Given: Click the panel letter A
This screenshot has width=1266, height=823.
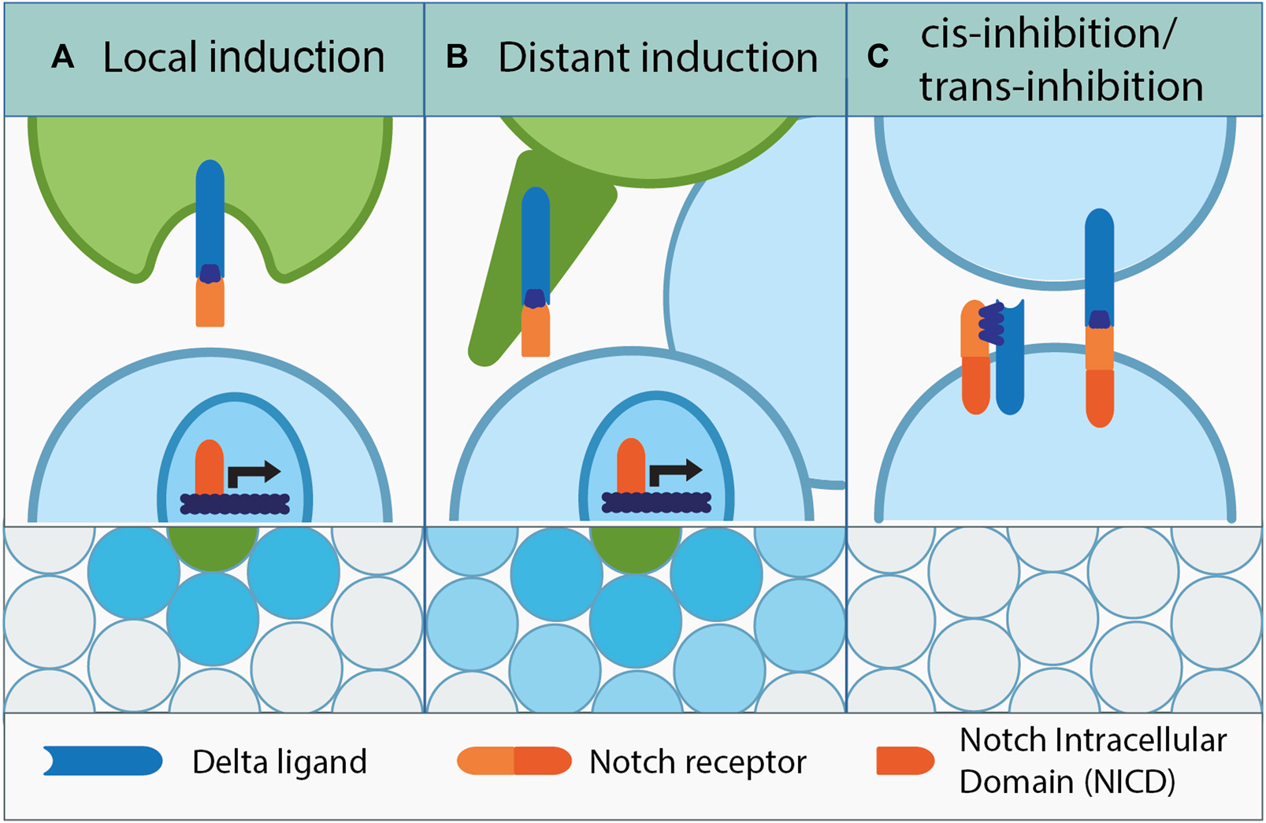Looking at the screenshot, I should click(x=62, y=57).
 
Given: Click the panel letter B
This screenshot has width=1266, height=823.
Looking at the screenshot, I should click(x=457, y=57).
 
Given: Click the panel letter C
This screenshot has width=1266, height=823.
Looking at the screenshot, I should click(x=878, y=57).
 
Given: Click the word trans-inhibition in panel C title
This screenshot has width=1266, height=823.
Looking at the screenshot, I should click(x=1061, y=87).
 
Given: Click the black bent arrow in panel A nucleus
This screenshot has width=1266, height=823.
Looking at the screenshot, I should click(x=252, y=473).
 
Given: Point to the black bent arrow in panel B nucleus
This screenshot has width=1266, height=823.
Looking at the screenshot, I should click(x=674, y=473).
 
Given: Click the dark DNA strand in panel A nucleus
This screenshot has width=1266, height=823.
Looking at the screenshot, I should click(x=235, y=503).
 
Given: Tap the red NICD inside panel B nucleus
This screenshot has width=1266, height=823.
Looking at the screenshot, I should click(x=631, y=466).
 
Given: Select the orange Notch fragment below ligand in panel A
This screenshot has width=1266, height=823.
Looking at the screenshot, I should click(x=210, y=303).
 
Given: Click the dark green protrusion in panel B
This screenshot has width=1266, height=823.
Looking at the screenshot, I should click(x=504, y=260).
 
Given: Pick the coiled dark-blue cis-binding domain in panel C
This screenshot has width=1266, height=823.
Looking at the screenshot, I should click(x=992, y=324).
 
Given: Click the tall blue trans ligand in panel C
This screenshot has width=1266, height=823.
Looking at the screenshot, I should click(x=1099, y=260).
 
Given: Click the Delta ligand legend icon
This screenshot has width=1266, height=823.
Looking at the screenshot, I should click(x=102, y=762).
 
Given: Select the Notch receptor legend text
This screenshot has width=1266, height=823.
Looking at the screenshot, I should click(x=698, y=762).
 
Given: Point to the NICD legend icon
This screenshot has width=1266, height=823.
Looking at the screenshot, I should click(x=905, y=762).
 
